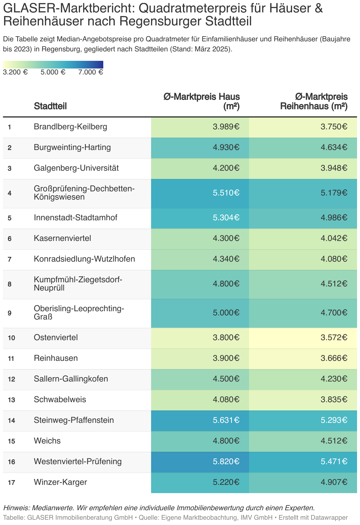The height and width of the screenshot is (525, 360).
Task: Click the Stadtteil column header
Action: click(x=50, y=106)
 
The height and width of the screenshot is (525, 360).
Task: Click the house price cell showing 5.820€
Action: click(x=226, y=462)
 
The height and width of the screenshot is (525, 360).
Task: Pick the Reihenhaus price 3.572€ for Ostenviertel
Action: click(x=334, y=337)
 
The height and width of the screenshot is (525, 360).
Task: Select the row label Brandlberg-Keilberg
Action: click(x=71, y=127)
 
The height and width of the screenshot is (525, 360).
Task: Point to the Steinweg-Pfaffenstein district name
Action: click(x=74, y=420)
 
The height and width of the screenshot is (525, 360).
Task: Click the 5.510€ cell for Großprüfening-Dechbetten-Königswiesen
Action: click(x=226, y=193)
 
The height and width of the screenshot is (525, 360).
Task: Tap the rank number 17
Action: click(x=12, y=482)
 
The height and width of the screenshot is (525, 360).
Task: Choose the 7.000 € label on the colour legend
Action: click(x=91, y=72)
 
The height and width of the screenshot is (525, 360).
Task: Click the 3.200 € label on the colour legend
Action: click(x=15, y=72)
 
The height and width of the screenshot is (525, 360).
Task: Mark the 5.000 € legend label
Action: click(x=53, y=72)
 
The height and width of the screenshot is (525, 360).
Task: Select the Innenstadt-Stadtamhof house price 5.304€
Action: click(x=226, y=218)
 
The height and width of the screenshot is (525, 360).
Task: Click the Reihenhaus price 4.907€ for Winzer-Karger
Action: click(x=334, y=482)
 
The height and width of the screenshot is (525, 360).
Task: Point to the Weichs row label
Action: click(x=47, y=441)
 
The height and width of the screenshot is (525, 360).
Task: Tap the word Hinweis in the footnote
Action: click(x=16, y=508)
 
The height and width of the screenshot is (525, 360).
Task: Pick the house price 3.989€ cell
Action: click(x=226, y=127)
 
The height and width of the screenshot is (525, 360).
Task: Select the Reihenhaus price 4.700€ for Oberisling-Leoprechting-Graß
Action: click(x=334, y=313)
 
